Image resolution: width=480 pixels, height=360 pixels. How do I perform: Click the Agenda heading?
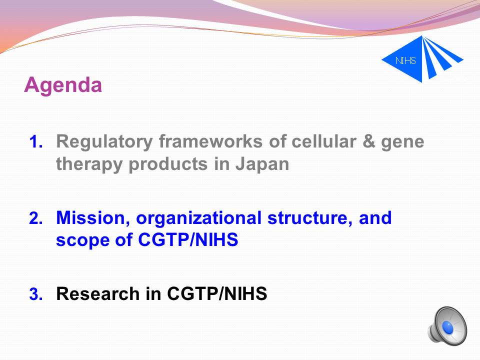tap(63, 85)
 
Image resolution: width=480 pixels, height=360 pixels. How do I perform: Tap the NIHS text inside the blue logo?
tap(405, 60)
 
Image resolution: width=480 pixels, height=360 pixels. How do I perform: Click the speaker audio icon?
tap(447, 325)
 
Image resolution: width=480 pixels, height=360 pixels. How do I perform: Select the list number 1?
tap(36, 142)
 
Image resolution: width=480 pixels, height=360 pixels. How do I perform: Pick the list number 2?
tap(36, 218)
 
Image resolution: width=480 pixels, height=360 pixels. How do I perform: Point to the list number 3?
tap(36, 294)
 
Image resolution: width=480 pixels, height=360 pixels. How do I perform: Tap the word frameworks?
tap(210, 141)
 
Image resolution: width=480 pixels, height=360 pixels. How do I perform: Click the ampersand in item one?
tap(368, 141)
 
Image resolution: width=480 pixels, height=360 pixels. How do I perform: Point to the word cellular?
tap(324, 141)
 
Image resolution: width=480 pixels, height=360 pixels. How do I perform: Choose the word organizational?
tap(198, 219)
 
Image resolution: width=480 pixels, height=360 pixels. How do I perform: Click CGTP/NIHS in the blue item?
tap(188, 239)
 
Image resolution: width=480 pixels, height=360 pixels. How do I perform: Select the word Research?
tap(98, 293)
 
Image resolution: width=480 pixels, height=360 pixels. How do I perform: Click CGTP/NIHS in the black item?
tap(217, 293)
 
